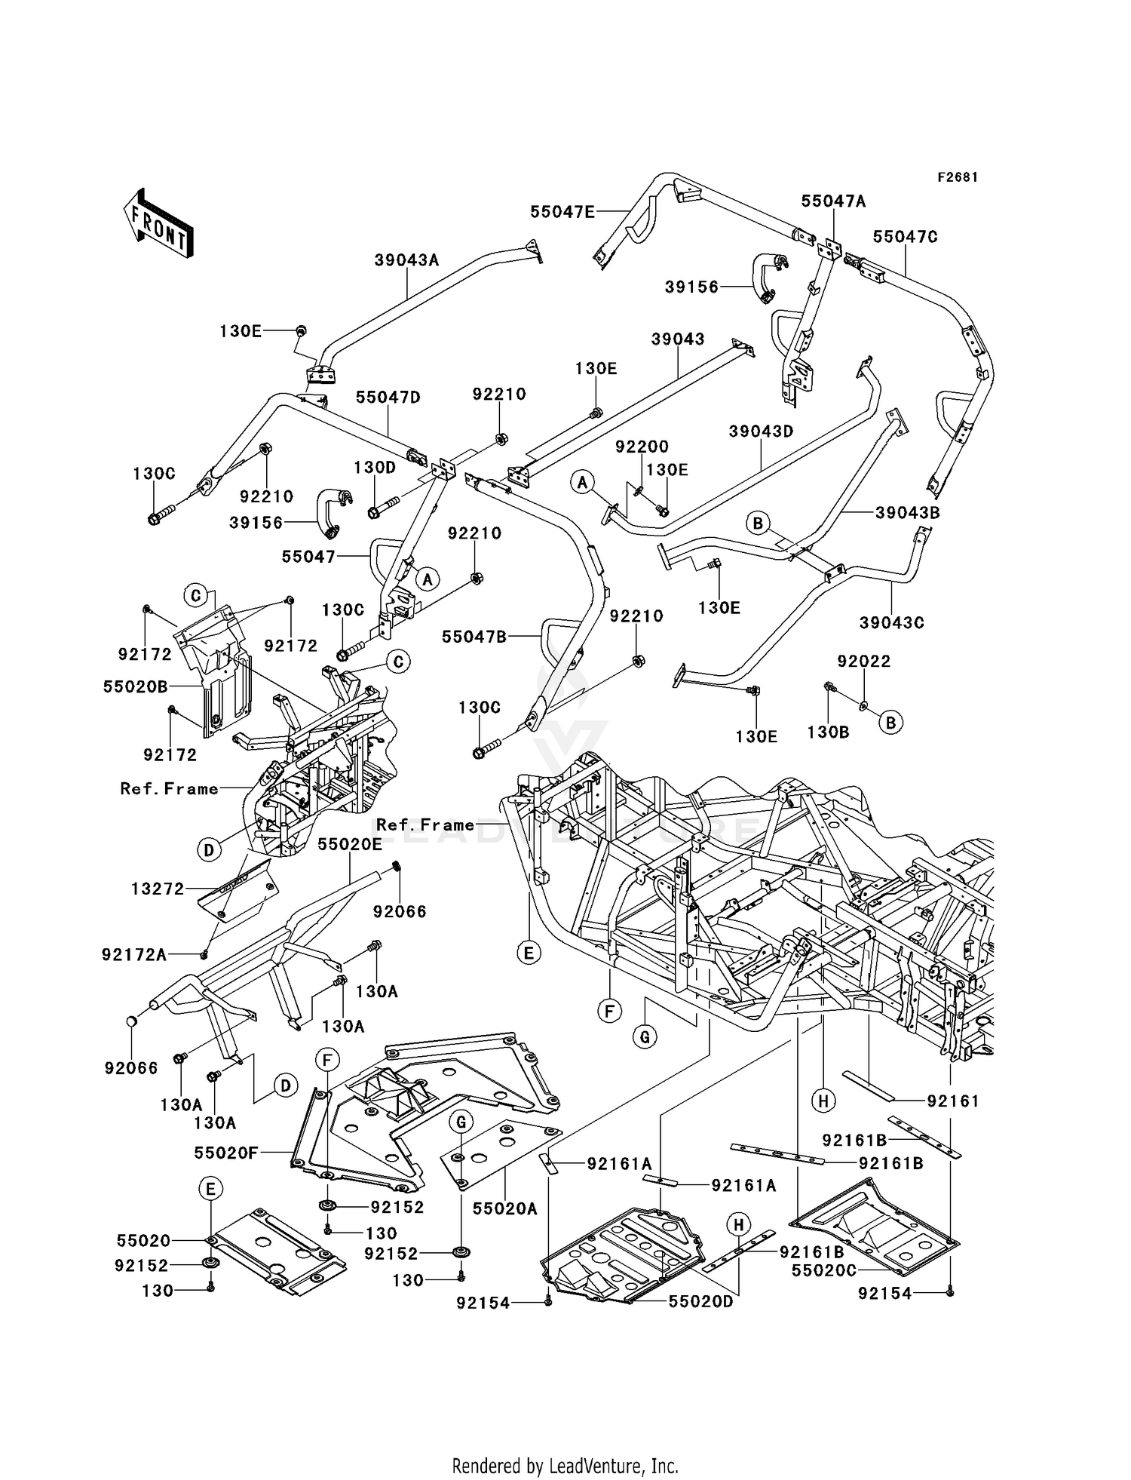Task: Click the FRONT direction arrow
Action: pos(158,223)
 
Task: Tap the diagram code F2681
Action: pos(958,177)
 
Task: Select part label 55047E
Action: pos(562,212)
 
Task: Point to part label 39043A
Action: pos(406,260)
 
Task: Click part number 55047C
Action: pos(905,237)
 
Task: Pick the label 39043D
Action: pos(761,431)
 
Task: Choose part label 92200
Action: pos(642,447)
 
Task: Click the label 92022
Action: pos(863,662)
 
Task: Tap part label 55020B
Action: pos(135,687)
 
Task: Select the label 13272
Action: pos(158,889)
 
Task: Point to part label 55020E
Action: pos(349,844)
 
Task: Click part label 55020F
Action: pos(226,1153)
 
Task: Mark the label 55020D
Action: pos(700,1301)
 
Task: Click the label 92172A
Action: pos(134,955)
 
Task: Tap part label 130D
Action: pos(375,468)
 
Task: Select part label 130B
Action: pos(828,732)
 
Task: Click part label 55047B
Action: pos(474,637)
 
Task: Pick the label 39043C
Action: pos(891,623)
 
